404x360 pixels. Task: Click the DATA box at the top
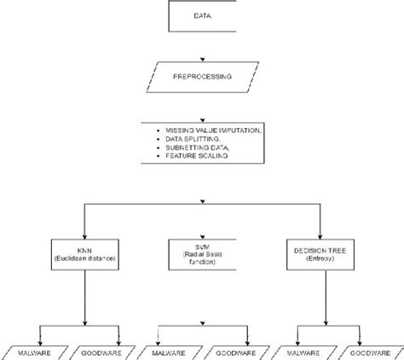pos(202,16)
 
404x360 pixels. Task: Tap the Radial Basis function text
pos(201,256)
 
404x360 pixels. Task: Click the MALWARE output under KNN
pos(29,351)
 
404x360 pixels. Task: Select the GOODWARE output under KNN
pos(95,351)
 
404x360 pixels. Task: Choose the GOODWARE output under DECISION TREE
pos(367,351)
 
